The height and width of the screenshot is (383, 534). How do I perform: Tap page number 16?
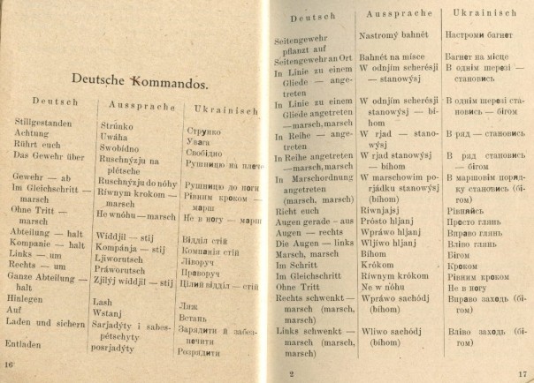pos(11,364)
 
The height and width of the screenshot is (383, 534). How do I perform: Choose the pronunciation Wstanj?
pos(109,313)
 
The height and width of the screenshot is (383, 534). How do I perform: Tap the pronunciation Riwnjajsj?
pos(385,211)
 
